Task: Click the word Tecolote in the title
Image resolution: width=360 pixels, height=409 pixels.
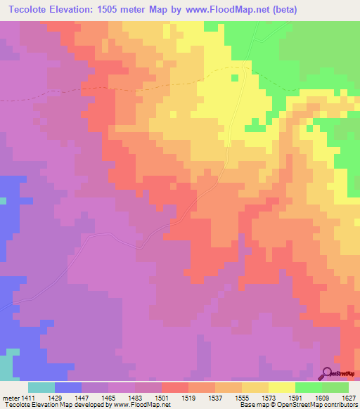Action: pos(29,10)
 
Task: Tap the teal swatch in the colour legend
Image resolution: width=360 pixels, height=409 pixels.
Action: pos(41,387)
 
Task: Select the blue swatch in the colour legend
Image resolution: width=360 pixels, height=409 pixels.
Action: pos(68,387)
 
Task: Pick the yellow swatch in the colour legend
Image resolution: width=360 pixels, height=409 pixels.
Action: pos(282,387)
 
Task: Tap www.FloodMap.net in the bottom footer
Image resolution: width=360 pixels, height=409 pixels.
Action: pos(140,405)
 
